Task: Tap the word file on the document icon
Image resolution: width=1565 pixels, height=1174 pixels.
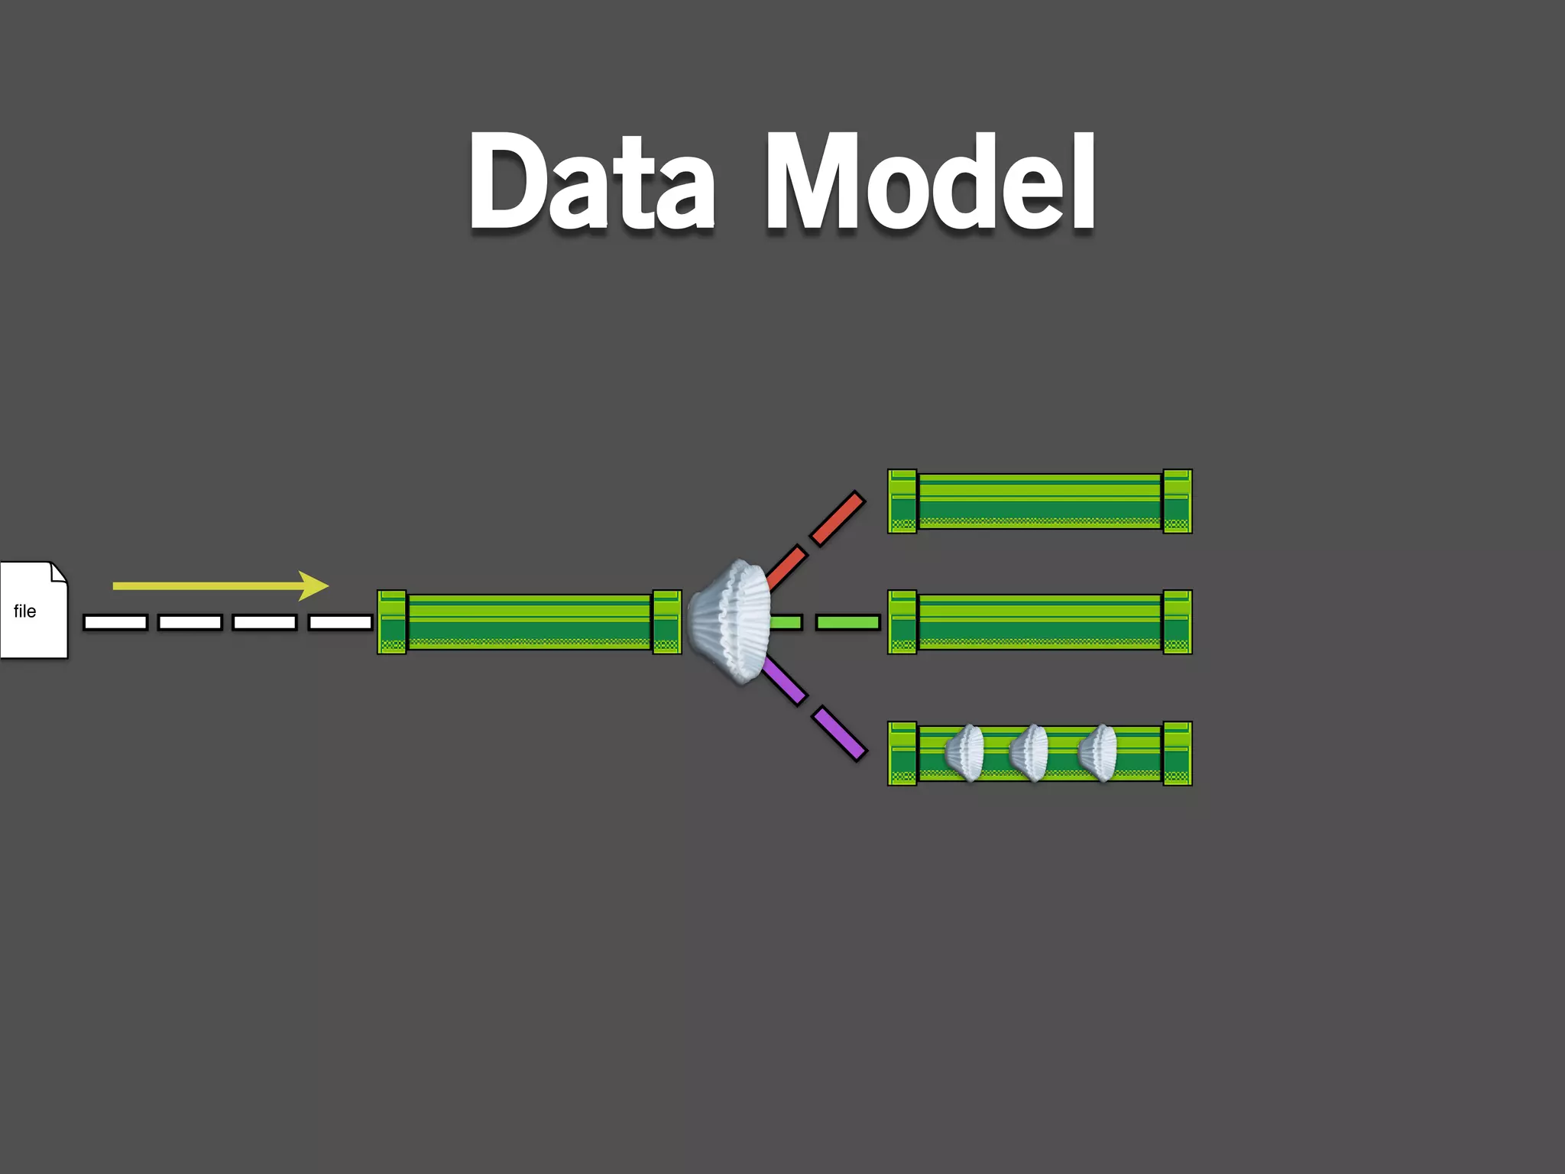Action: coord(24,611)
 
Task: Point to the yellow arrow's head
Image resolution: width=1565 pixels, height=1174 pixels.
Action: coord(314,585)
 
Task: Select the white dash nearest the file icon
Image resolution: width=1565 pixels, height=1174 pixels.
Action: coord(115,622)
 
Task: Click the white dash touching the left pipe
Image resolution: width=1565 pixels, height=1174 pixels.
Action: coord(340,622)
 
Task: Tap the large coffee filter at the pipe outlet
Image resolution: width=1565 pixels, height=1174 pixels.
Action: coord(730,621)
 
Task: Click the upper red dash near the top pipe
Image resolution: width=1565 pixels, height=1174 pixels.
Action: coord(838,519)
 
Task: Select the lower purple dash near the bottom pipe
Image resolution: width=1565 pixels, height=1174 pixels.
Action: coord(840,734)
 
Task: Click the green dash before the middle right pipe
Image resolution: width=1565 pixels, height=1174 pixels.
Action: coord(847,622)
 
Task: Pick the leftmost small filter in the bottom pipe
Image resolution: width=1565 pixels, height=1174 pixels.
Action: coord(965,753)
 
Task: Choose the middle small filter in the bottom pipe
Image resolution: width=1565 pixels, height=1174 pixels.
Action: coord(1029,753)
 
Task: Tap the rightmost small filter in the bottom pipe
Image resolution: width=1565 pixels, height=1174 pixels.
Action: coord(1098,753)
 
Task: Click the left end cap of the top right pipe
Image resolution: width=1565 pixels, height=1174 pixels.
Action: coord(902,501)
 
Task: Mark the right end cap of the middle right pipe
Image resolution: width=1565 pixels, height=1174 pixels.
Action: coord(1178,622)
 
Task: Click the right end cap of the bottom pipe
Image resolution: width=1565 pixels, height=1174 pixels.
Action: coord(1178,754)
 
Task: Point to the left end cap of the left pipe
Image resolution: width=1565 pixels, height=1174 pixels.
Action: coord(392,622)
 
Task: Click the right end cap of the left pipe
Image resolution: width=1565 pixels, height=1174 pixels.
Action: coord(666,622)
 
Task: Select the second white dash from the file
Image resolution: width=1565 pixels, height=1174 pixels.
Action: coord(190,622)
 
